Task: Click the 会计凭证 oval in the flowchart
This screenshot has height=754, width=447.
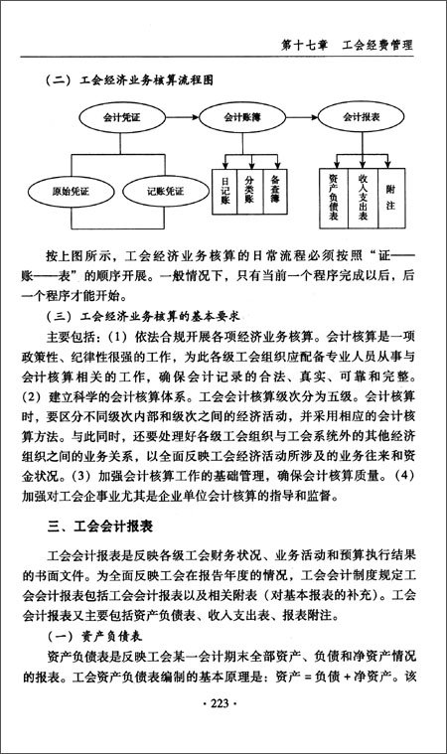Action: tap(111, 118)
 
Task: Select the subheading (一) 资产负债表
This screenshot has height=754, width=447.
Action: tap(93, 636)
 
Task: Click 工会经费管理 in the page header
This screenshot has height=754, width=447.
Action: tap(377, 45)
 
